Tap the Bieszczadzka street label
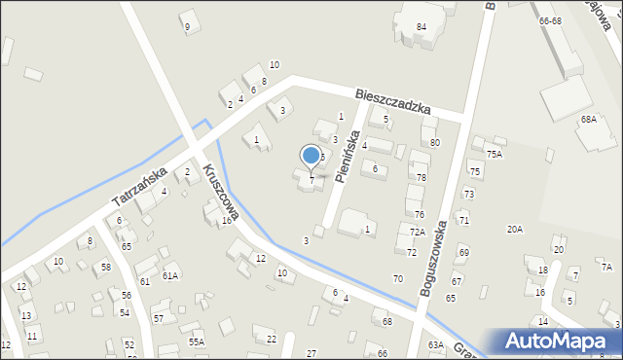pos(392,99)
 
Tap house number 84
pos(421,26)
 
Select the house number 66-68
pos(550,20)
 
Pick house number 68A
pos(589,119)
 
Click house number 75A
pos(495,154)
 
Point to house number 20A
pos(514,229)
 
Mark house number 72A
pos(417,232)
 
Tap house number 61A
pos(170,276)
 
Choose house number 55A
pos(197,342)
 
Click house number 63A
pos(435,344)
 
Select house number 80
pos(435,142)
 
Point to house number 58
pos(105,267)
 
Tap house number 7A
pos(605,267)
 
